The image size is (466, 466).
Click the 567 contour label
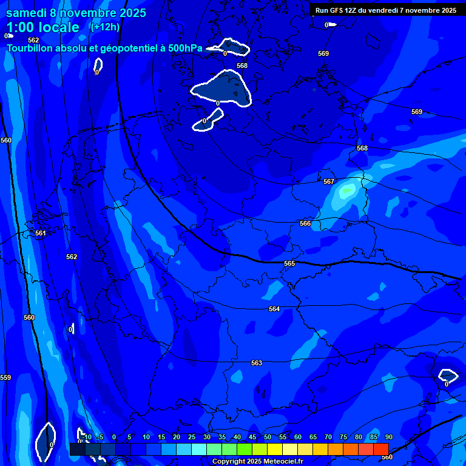[x=329, y=181]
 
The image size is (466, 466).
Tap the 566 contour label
[x=305, y=223]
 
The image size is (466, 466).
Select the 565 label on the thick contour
[x=289, y=263]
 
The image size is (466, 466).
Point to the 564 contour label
[x=274, y=309]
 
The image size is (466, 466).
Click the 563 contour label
[x=257, y=363]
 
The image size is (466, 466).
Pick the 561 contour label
[x=41, y=233]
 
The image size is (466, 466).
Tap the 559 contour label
[x=5, y=377]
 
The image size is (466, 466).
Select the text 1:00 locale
[x=42, y=27]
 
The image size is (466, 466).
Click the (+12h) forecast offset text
[x=105, y=27]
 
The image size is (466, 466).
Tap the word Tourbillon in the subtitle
[x=30, y=48]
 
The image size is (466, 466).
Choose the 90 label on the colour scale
[x=388, y=437]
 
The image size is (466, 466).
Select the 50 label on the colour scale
[x=268, y=437]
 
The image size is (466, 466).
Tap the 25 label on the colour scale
[x=192, y=437]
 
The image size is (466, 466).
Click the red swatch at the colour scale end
[x=380, y=448]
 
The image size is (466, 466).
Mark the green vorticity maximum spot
[x=347, y=191]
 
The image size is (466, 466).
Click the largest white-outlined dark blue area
[x=222, y=89]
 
